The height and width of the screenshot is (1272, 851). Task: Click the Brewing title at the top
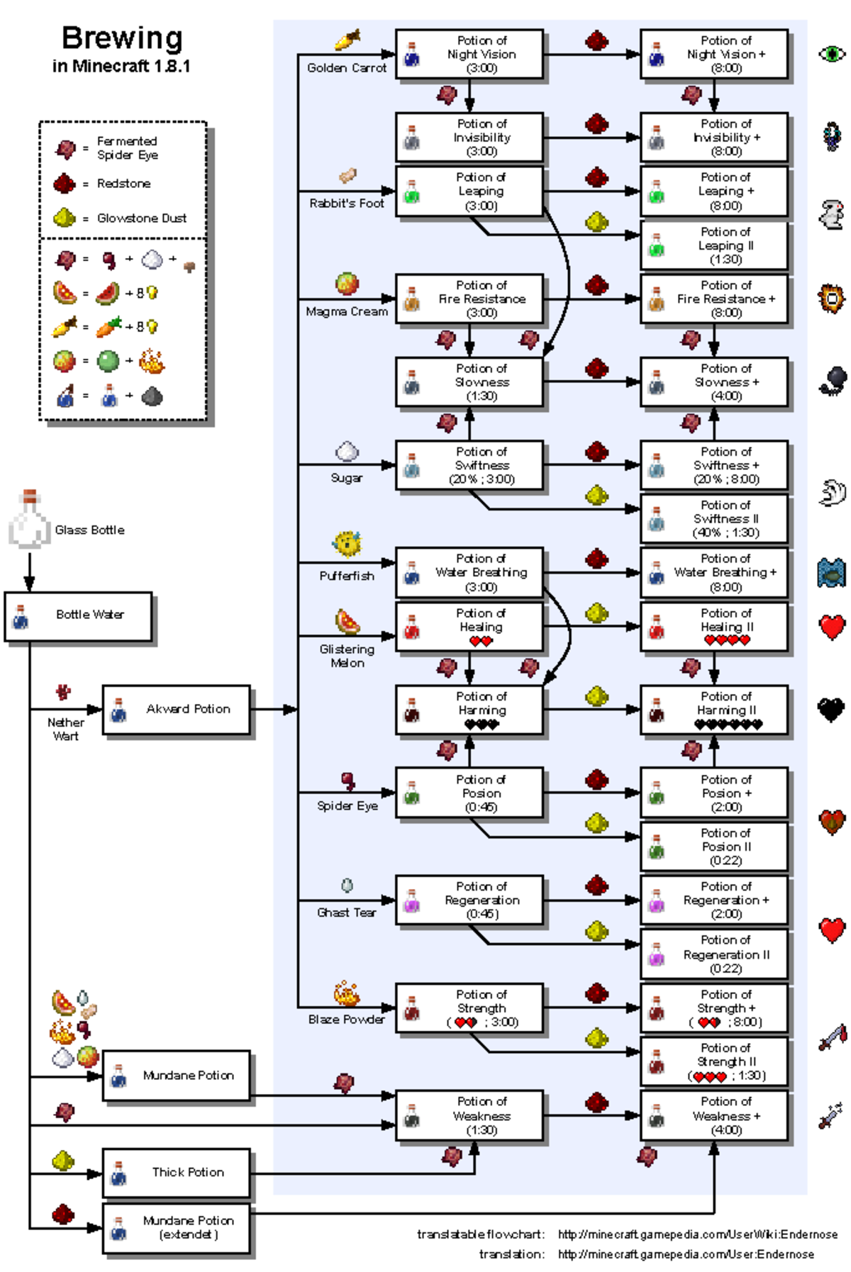pyautogui.click(x=122, y=38)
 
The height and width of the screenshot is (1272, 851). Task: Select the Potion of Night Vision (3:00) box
pyautogui.click(x=469, y=54)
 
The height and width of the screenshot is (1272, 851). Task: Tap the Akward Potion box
pyautogui.click(x=177, y=709)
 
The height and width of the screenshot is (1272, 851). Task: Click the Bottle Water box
pyautogui.click(x=79, y=615)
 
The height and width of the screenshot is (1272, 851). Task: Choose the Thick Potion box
pyautogui.click(x=177, y=1172)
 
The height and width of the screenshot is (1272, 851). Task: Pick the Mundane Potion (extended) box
pyautogui.click(x=177, y=1227)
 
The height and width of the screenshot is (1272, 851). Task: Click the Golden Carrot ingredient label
pyautogui.click(x=347, y=68)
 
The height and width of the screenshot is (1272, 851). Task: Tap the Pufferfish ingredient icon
pyautogui.click(x=347, y=545)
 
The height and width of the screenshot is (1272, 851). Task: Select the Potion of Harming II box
pyautogui.click(x=714, y=709)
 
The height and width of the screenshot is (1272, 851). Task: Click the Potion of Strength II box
pyautogui.click(x=714, y=1061)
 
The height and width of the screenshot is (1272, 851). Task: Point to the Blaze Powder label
pyautogui.click(x=347, y=1019)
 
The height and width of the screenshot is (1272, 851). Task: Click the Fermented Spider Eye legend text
pyautogui.click(x=128, y=148)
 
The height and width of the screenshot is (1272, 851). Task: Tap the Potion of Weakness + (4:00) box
pyautogui.click(x=714, y=1115)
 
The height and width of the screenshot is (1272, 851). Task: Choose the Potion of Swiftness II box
pyautogui.click(x=714, y=518)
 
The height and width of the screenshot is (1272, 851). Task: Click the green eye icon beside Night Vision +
pyautogui.click(x=832, y=53)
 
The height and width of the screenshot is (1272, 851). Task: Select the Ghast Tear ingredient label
pyautogui.click(x=347, y=913)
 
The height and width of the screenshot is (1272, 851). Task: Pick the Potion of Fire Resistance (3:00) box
pyautogui.click(x=469, y=299)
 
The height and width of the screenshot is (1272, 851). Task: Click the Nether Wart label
pyautogui.click(x=65, y=729)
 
